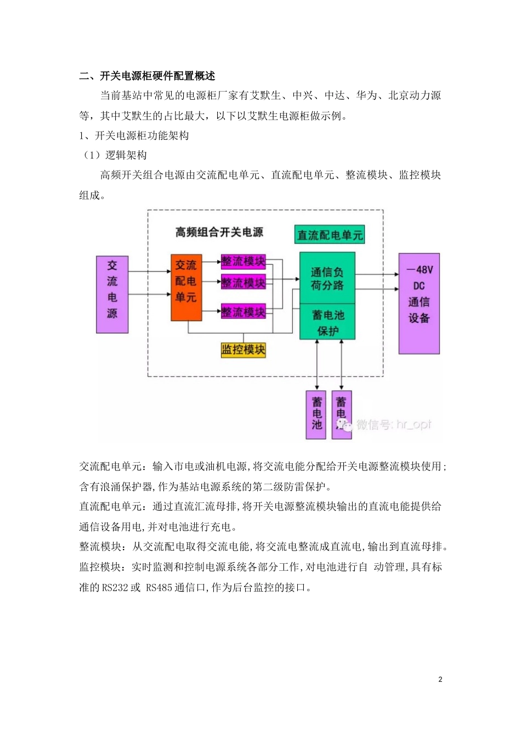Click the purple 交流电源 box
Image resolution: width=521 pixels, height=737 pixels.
coord(112,294)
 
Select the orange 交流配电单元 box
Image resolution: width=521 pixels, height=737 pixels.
coord(186,287)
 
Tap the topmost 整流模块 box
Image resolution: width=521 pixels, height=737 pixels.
coord(243,262)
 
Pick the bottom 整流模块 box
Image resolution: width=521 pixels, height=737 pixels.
coord(243,312)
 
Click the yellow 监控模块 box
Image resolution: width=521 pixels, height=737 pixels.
coord(243,349)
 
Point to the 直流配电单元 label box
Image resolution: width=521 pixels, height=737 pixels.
coord(330,235)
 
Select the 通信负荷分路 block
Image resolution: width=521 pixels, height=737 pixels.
coord(327,278)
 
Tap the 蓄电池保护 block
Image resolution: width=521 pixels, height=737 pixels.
coord(327,322)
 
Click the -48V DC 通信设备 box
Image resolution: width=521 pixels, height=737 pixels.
coord(419,303)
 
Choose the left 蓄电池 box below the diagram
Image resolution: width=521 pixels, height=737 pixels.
coord(316,415)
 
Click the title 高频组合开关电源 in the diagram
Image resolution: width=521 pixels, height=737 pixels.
coord(219,233)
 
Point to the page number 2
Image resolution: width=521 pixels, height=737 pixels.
coord(440,679)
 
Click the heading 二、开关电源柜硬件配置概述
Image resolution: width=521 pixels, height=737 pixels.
coord(147,76)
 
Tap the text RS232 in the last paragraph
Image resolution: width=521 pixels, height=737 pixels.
coord(115,587)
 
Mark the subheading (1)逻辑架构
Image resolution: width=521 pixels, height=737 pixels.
coord(115,155)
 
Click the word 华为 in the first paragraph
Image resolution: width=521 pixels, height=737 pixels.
coord(367,95)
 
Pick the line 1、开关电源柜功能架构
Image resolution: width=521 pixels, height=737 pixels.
coord(134,135)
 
